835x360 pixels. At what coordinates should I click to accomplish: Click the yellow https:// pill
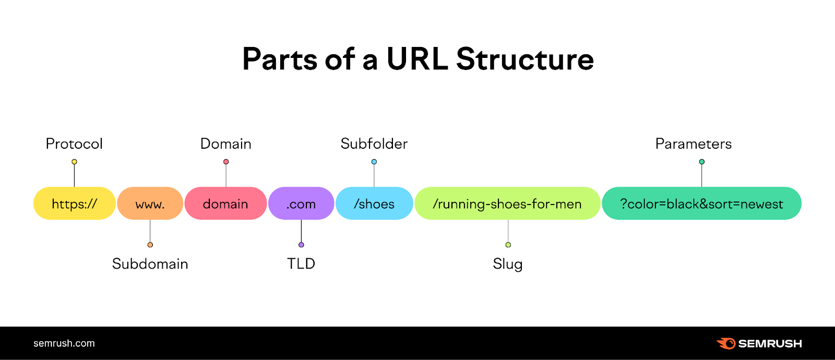pyautogui.click(x=74, y=203)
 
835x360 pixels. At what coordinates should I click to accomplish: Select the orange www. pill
pyautogui.click(x=150, y=203)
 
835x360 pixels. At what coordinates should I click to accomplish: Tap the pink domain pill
pyautogui.click(x=225, y=203)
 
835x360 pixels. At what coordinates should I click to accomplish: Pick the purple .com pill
pyautogui.click(x=301, y=203)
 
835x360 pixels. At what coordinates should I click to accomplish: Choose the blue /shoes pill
pyautogui.click(x=374, y=203)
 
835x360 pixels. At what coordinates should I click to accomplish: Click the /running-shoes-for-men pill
pyautogui.click(x=507, y=203)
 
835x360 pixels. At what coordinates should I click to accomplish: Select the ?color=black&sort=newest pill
pyautogui.click(x=701, y=203)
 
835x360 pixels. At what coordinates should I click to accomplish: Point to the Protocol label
pyautogui.click(x=74, y=143)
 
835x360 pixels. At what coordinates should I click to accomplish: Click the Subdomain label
pyautogui.click(x=150, y=263)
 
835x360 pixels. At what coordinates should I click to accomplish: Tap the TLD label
pyautogui.click(x=301, y=263)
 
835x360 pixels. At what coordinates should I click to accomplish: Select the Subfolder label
pyautogui.click(x=374, y=143)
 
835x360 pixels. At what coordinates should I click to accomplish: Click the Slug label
pyautogui.click(x=508, y=264)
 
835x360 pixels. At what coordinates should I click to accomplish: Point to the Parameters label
pyautogui.click(x=694, y=143)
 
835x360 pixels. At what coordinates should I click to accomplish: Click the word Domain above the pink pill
pyautogui.click(x=226, y=143)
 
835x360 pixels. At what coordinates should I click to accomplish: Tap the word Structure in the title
pyautogui.click(x=525, y=59)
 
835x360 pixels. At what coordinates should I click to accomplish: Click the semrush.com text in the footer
pyautogui.click(x=64, y=343)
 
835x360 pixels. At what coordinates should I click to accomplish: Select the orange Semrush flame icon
pyautogui.click(x=726, y=343)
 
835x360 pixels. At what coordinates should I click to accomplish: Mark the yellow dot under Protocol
pyautogui.click(x=74, y=162)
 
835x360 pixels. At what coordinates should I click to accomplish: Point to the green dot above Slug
pyautogui.click(x=508, y=245)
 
